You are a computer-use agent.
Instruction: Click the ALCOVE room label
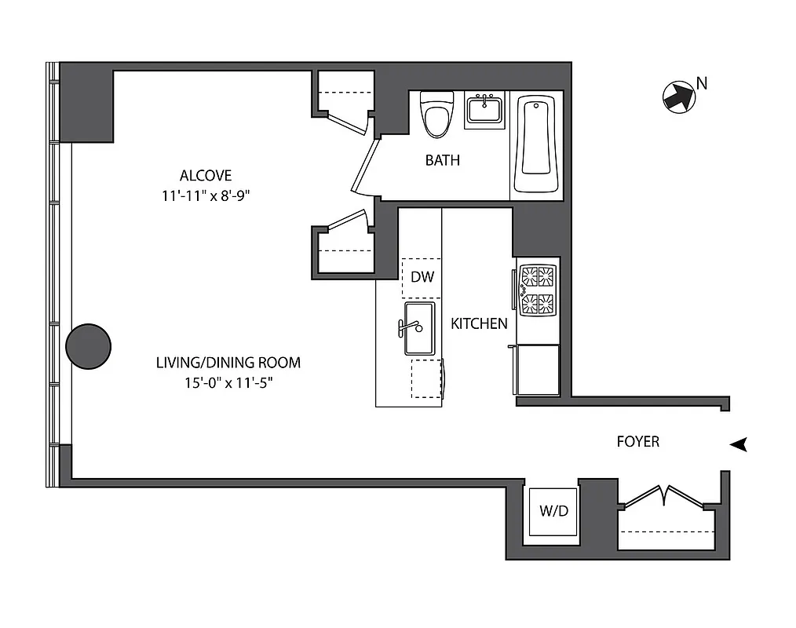[x=206, y=175]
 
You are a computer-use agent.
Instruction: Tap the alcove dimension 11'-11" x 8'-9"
[x=206, y=195]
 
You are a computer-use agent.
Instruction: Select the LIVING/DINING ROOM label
[x=228, y=363]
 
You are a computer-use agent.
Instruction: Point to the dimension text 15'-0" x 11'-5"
[x=228, y=382]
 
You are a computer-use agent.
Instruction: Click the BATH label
[x=443, y=161]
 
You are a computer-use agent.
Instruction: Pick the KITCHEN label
[x=479, y=323]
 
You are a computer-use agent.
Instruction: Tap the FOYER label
[x=637, y=442]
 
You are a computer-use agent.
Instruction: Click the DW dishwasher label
[x=422, y=277]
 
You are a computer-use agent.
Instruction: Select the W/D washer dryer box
[x=553, y=511]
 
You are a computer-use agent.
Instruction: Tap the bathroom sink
[x=485, y=110]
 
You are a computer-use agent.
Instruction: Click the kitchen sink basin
[x=419, y=329]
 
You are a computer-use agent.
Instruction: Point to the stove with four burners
[x=538, y=290]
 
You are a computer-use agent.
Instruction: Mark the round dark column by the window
[x=88, y=346]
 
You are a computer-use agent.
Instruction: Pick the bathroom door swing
[x=363, y=165]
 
